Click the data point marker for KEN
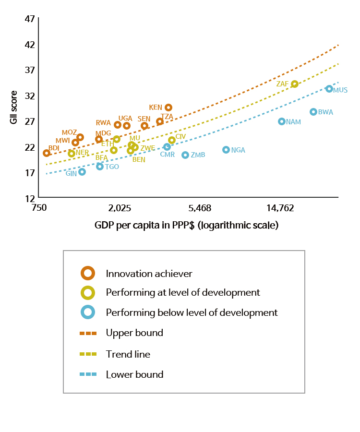coord(168,108)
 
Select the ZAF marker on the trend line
coord(295,84)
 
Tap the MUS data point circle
coord(329,89)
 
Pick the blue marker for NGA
coord(226,150)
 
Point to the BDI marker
coord(47,153)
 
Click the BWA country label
coord(325,112)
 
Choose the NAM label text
coord(293,122)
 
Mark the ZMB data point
coord(185,155)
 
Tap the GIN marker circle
coord(82,172)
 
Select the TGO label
coord(112,167)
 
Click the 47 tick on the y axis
coord(30,19)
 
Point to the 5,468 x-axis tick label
coord(200,208)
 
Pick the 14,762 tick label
coord(280,208)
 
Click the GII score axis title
coord(14,108)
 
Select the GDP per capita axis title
coord(186,225)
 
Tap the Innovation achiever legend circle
coord(88,273)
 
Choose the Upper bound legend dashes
coord(88,333)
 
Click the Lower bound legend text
coord(134,374)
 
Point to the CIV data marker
coord(172,140)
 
